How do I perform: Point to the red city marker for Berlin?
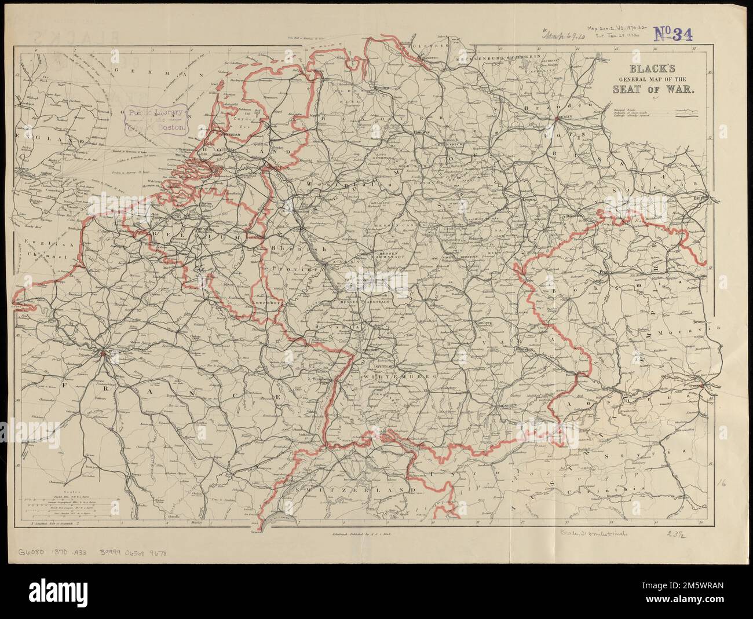[556, 118]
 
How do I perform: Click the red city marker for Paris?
[104, 352]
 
